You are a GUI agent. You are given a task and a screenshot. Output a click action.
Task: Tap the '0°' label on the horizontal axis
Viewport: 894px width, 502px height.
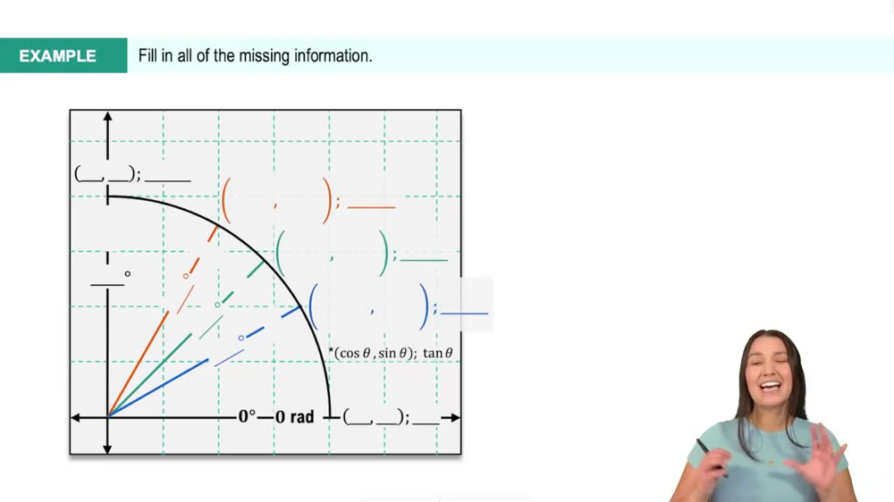click(x=247, y=417)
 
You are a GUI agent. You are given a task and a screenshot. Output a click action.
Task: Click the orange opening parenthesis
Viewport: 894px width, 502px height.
click(x=226, y=201)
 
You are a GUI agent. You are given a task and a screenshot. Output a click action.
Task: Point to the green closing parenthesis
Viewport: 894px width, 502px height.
click(x=386, y=254)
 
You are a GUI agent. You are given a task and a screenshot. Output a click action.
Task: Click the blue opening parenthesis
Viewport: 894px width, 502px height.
click(x=313, y=305)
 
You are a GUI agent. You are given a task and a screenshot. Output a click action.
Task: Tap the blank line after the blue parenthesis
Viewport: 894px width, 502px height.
click(x=464, y=314)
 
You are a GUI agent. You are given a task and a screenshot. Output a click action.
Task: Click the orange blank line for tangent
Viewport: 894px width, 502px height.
click(x=371, y=207)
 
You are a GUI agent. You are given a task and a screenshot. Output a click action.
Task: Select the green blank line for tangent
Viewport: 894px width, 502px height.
click(x=424, y=261)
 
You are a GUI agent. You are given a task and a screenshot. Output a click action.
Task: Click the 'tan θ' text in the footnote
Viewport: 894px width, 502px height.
click(x=438, y=353)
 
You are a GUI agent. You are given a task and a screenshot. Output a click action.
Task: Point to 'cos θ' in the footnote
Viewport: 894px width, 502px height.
click(x=355, y=353)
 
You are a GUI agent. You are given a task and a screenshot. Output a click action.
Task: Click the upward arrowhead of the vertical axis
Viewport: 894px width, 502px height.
click(x=107, y=117)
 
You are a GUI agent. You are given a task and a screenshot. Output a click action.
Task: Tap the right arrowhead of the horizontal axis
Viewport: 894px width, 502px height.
click(x=455, y=417)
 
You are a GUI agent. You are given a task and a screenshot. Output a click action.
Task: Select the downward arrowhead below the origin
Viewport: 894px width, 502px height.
click(x=107, y=448)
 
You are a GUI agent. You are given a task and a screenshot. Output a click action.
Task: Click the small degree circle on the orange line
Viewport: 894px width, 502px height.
click(x=186, y=276)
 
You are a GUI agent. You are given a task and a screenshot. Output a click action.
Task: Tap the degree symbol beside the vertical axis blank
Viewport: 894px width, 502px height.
click(x=128, y=274)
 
